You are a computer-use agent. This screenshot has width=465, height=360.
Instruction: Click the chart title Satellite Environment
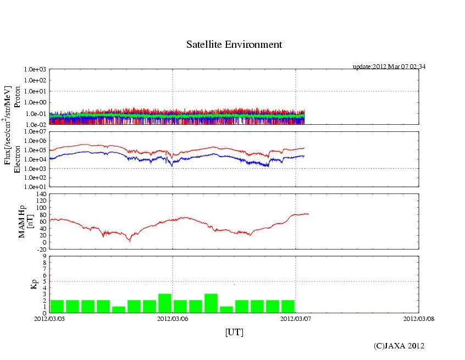pos(234,45)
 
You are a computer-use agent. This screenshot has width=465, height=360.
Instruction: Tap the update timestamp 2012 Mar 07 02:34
pos(389,67)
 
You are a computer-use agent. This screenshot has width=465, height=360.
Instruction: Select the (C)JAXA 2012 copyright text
pos(399,346)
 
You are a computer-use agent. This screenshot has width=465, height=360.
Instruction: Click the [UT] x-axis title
pos(234,332)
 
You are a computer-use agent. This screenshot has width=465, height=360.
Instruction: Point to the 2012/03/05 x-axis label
pos(49,318)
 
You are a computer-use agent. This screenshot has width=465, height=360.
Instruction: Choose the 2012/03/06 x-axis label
pos(173,318)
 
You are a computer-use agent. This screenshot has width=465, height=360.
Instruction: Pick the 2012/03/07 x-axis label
pos(296,318)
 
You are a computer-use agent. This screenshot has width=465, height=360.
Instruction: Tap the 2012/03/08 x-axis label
pos(419,318)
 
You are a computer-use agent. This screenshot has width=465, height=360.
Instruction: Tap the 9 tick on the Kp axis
pos(45,256)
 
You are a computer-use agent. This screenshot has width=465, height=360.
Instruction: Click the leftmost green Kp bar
pos(57,306)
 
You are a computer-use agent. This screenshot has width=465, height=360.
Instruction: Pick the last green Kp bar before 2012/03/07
pos(288,306)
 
